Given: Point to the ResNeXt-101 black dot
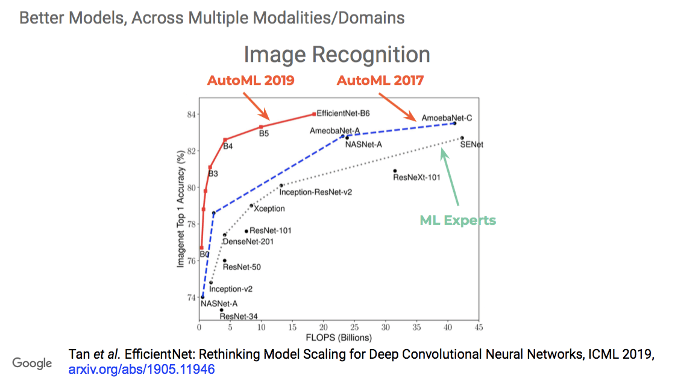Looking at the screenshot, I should pos(395,171).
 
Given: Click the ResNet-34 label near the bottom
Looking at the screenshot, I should pos(239,316).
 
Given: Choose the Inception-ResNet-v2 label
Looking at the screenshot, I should pos(315,192).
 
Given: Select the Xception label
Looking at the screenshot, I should pos(269,209).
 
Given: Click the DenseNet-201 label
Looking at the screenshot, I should pos(248,242).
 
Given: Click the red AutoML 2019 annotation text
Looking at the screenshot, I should pos(251,81).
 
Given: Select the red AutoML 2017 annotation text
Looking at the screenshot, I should pos(380,81).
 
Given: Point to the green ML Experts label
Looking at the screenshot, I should pos(457,220).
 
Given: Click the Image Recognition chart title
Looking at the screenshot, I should pos(337,55).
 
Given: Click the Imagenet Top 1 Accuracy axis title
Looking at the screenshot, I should pos(180,210).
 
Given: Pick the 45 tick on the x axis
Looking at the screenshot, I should pos(479,327).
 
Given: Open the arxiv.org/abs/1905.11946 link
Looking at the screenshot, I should pos(142,368).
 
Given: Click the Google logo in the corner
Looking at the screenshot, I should pos(33,363).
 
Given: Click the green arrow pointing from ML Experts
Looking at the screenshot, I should pos(451,178).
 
